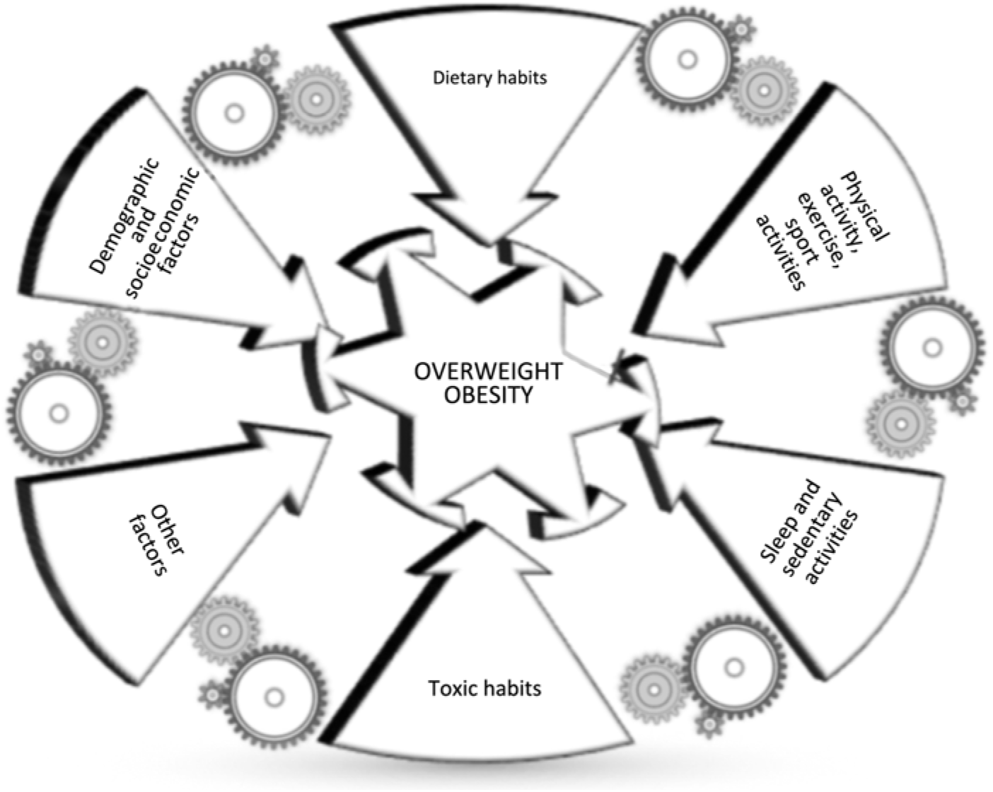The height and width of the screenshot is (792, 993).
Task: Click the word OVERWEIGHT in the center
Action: pyautogui.click(x=488, y=372)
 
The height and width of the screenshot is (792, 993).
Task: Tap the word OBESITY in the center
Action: pyautogui.click(x=488, y=395)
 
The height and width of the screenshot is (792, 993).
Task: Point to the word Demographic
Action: pyautogui.click(x=124, y=216)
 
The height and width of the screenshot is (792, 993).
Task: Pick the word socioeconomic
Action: pyautogui.click(x=163, y=233)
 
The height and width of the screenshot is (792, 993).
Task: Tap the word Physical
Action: pyautogui.click(x=865, y=206)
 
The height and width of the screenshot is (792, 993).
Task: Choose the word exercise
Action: pyautogui.click(x=820, y=227)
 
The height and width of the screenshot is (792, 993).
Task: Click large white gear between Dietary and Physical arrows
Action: pyautogui.click(x=688, y=61)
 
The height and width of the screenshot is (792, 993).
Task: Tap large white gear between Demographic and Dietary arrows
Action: pyautogui.click(x=234, y=113)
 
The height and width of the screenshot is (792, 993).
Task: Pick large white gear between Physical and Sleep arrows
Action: pyautogui.click(x=933, y=347)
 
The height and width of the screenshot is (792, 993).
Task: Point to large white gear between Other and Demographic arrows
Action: pyautogui.click(x=59, y=414)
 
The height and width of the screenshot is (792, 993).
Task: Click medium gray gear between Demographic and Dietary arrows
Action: pyautogui.click(x=317, y=100)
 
